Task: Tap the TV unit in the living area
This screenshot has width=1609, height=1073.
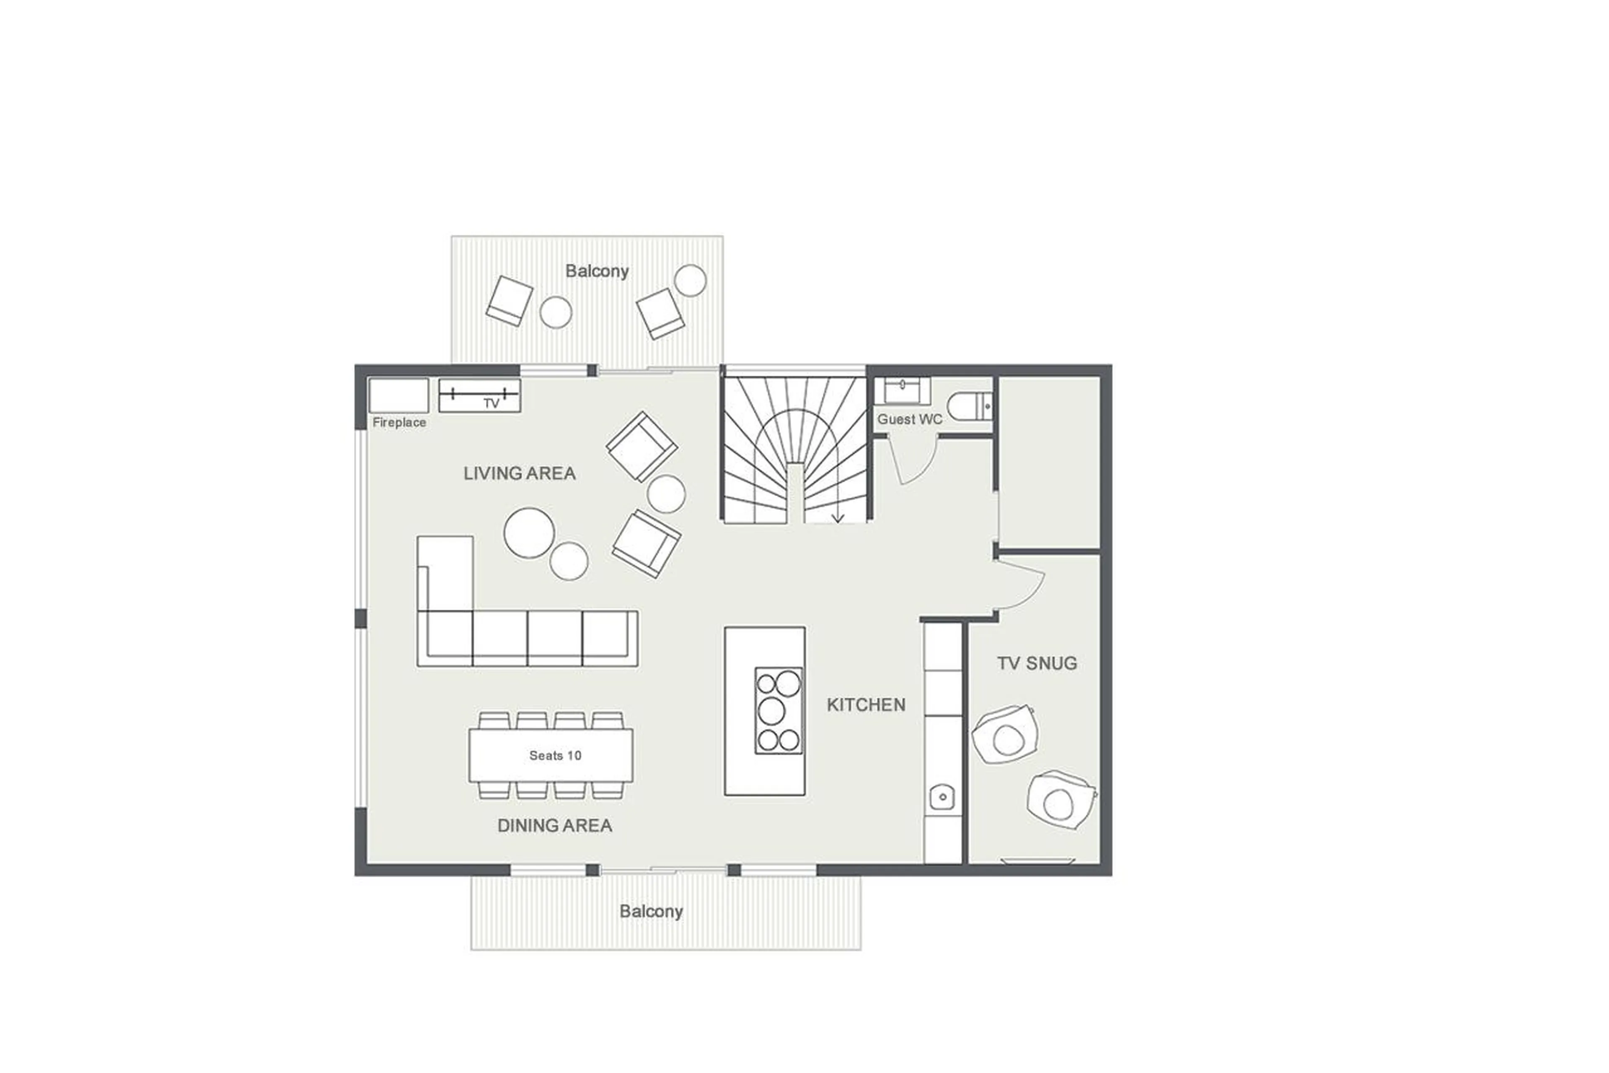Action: coord(479,395)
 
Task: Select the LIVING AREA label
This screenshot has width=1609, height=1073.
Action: coord(519,473)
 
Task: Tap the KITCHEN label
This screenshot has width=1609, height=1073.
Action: coord(866,705)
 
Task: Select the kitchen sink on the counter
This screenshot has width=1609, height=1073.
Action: coord(942,797)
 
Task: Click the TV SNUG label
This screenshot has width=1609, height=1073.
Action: coord(1037,663)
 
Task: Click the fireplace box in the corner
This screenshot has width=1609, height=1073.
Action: coord(398,395)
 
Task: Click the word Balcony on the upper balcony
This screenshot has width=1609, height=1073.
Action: coord(596,271)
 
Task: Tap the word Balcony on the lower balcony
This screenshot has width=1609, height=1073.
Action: coord(650,912)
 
